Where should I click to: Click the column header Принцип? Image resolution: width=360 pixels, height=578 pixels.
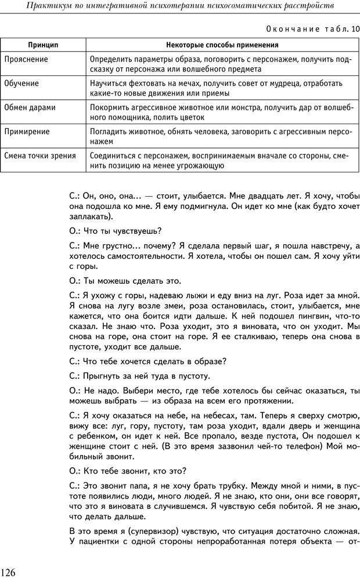point(44,45)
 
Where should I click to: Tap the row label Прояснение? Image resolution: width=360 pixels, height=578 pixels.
point(26,59)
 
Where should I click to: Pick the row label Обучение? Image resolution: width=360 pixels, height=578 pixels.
point(21,83)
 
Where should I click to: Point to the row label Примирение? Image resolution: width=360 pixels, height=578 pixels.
point(27,131)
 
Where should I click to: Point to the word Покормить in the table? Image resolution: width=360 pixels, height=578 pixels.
point(111,107)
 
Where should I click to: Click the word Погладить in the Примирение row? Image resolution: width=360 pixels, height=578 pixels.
point(110,131)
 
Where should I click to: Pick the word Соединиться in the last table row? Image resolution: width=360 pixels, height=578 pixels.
point(115,156)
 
